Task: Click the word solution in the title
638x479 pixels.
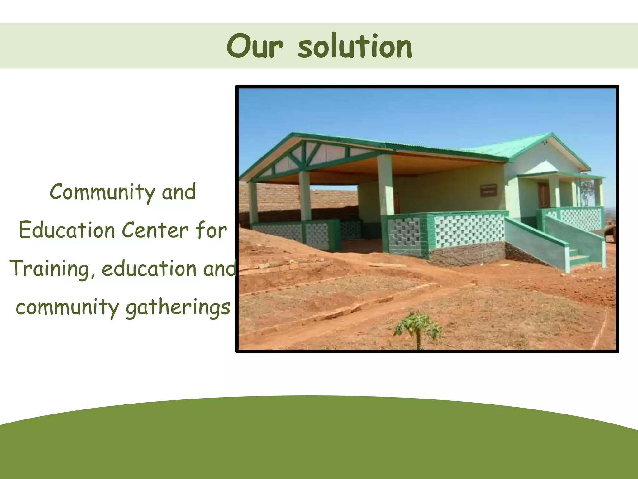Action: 355,47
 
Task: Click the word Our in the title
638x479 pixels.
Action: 255,47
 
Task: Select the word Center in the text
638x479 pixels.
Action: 155,231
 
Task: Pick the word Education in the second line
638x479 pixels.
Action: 67,231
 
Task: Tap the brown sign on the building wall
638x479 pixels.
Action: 488,190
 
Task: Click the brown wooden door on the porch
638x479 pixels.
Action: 543,195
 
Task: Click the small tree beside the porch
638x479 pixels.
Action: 587,190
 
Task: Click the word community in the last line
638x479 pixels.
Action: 67,308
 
